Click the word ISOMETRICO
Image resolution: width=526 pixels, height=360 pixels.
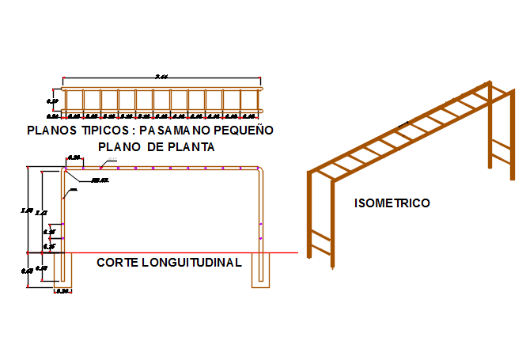pyautogui.click(x=392, y=203)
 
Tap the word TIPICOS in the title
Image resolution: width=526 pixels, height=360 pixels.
pyautogui.click(x=106, y=131)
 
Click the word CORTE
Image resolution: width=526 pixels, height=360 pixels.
pyautogui.click(x=116, y=263)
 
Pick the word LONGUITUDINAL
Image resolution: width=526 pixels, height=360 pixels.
pyautogui.click(x=191, y=263)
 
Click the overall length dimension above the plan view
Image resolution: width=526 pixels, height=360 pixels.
pyautogui.click(x=161, y=77)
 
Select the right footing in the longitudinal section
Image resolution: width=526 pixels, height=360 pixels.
pyautogui.click(x=261, y=269)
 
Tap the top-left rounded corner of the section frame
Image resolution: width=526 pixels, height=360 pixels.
pyautogui.click(x=63, y=169)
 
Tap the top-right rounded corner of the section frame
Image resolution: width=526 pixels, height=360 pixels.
pyautogui.click(x=261, y=169)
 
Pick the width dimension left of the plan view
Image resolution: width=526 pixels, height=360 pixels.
pyautogui.click(x=53, y=101)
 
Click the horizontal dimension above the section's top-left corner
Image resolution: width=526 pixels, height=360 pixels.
pyautogui.click(x=74, y=158)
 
